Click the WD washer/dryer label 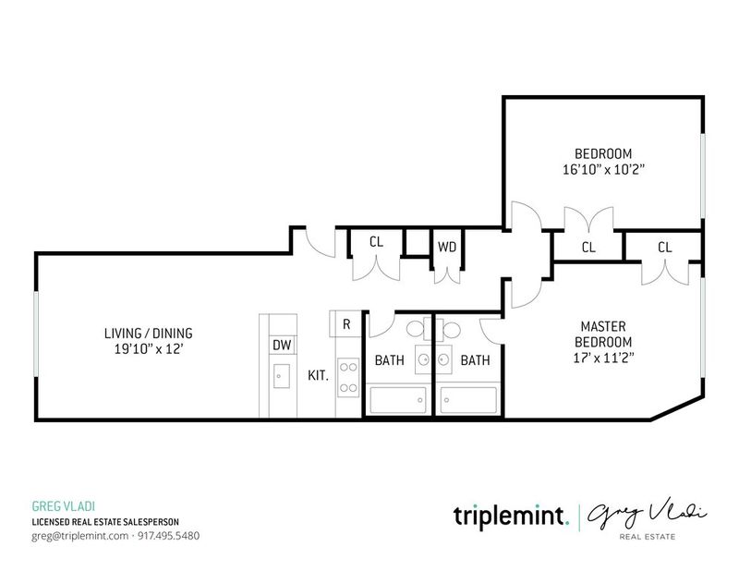point(447,247)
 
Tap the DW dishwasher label point(282,346)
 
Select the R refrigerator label point(346,324)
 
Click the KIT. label point(318,376)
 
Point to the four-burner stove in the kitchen point(348,377)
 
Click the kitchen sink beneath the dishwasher point(282,376)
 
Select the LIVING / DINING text point(149,334)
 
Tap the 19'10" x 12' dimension point(149,349)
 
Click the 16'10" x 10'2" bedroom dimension point(603,169)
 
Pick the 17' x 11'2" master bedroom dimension point(603,358)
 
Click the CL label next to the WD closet point(376,242)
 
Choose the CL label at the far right point(664,247)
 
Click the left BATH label point(389,360)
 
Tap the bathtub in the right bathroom point(469,400)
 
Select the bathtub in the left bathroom point(398,400)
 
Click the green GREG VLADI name point(64,506)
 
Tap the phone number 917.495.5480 point(169,536)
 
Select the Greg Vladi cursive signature point(647,515)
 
